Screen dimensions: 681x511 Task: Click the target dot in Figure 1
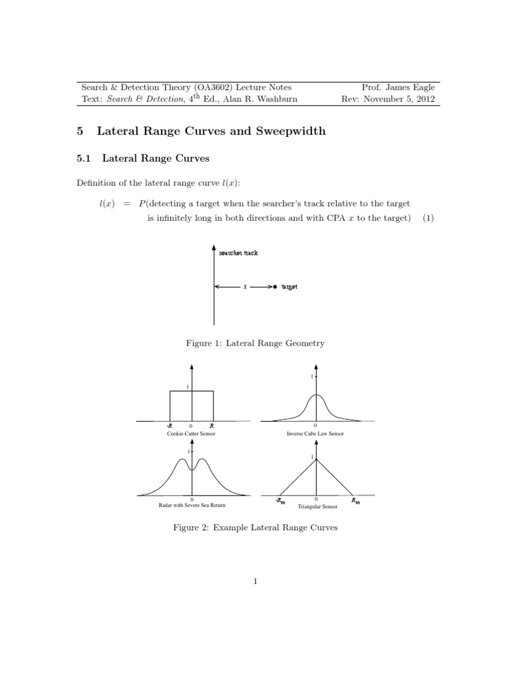pyautogui.click(x=275, y=287)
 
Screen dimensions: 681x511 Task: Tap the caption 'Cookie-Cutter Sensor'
pyautogui.click(x=191, y=433)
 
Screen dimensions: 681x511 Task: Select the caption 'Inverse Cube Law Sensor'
pyautogui.click(x=316, y=433)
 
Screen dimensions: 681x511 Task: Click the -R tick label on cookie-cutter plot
pyautogui.click(x=170, y=425)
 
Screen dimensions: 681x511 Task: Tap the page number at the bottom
pyautogui.click(x=255, y=583)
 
